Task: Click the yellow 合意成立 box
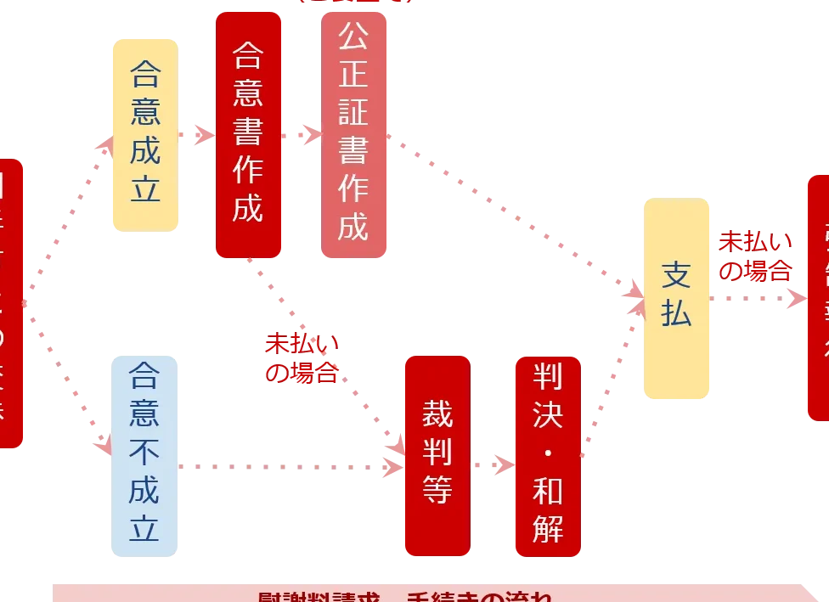point(144,133)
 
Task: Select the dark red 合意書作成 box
point(247,133)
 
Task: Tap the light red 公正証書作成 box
point(353,133)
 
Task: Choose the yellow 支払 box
point(676,297)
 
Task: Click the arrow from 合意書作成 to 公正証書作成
point(302,134)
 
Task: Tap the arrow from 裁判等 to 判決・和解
point(493,465)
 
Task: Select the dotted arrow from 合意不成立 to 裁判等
point(289,466)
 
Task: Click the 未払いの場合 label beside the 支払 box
point(755,256)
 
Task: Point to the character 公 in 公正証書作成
point(353,36)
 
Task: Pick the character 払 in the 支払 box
point(676,314)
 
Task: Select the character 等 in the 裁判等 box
point(437,490)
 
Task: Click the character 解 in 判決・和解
point(548,528)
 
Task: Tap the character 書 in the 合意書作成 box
point(247,132)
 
